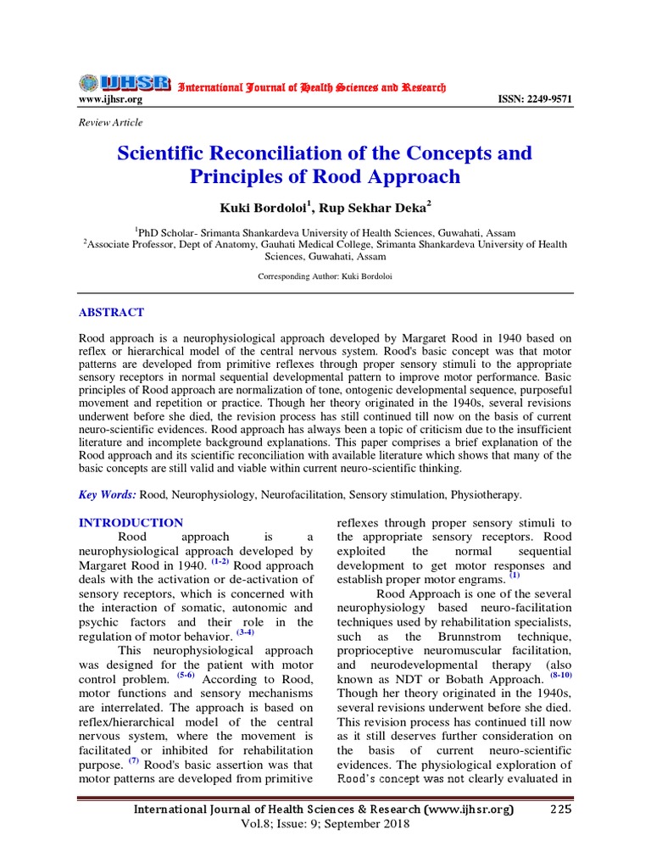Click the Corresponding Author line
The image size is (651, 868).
click(x=325, y=277)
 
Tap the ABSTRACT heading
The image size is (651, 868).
click(x=111, y=313)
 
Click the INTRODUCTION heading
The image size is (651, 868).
click(x=131, y=523)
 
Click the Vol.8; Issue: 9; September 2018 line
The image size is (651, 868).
click(x=325, y=824)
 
